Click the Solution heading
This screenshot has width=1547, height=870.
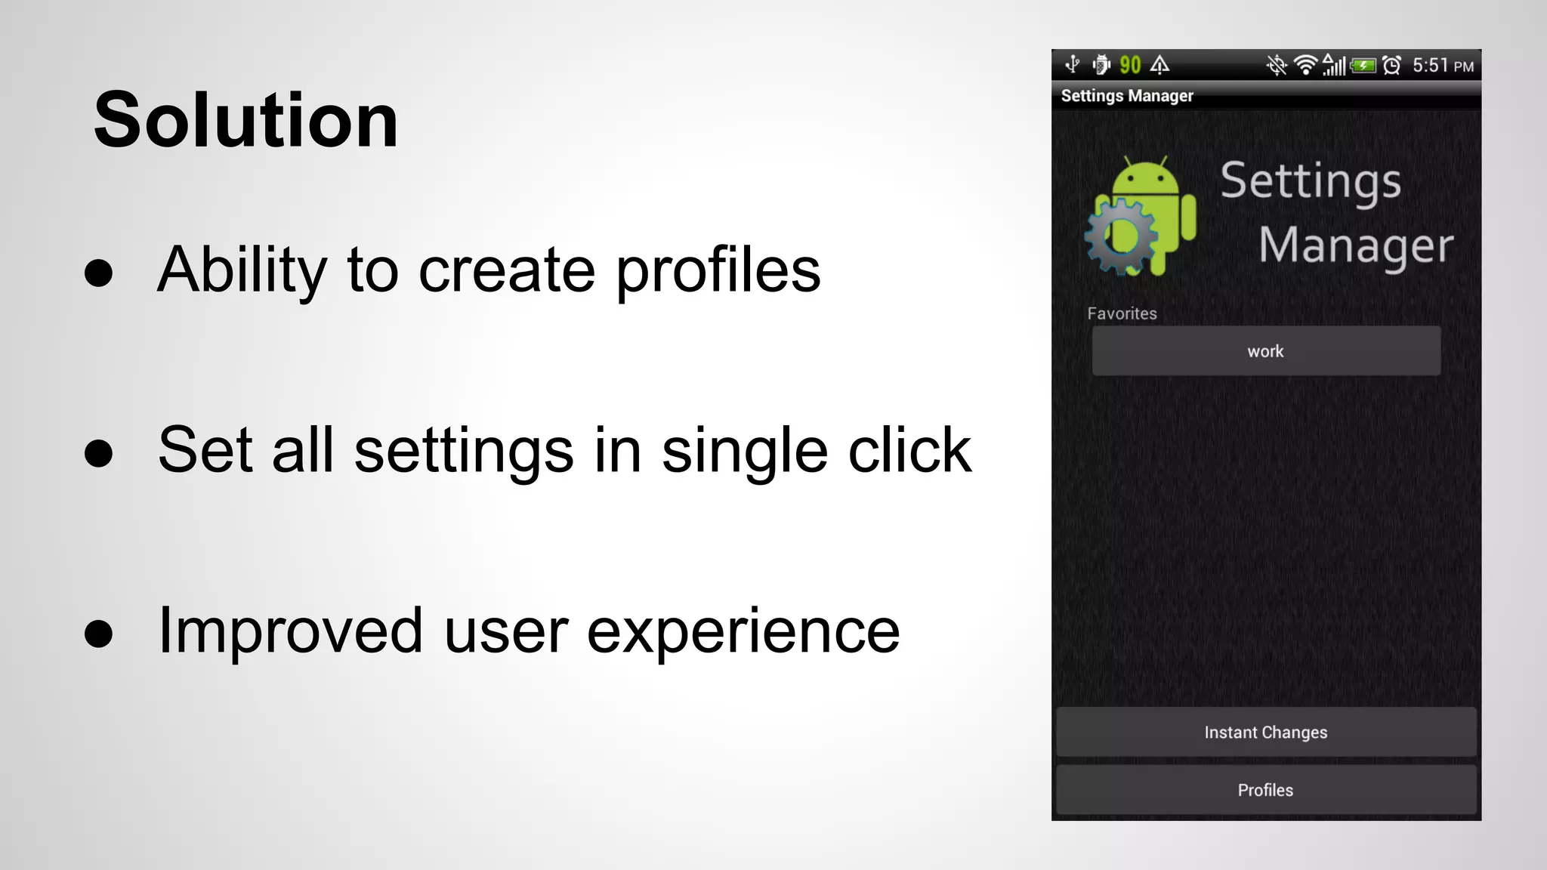click(245, 121)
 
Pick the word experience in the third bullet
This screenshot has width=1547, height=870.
click(743, 632)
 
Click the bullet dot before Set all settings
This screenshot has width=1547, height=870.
click(99, 453)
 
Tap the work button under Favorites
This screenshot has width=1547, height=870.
click(1266, 351)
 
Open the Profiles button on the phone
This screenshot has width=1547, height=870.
click(1266, 790)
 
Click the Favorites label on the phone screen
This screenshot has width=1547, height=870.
click(1122, 313)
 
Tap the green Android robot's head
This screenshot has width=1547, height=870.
click(1145, 179)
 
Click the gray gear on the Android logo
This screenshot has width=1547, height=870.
click(1120, 236)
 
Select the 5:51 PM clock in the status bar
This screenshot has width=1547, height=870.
click(1442, 66)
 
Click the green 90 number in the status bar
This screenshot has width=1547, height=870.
click(1130, 65)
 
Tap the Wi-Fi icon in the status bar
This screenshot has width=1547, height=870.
click(1305, 66)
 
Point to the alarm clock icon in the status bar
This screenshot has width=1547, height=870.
click(1392, 66)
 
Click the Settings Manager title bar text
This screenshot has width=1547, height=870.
click(1127, 96)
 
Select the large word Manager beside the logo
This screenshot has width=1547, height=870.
click(1356, 245)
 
